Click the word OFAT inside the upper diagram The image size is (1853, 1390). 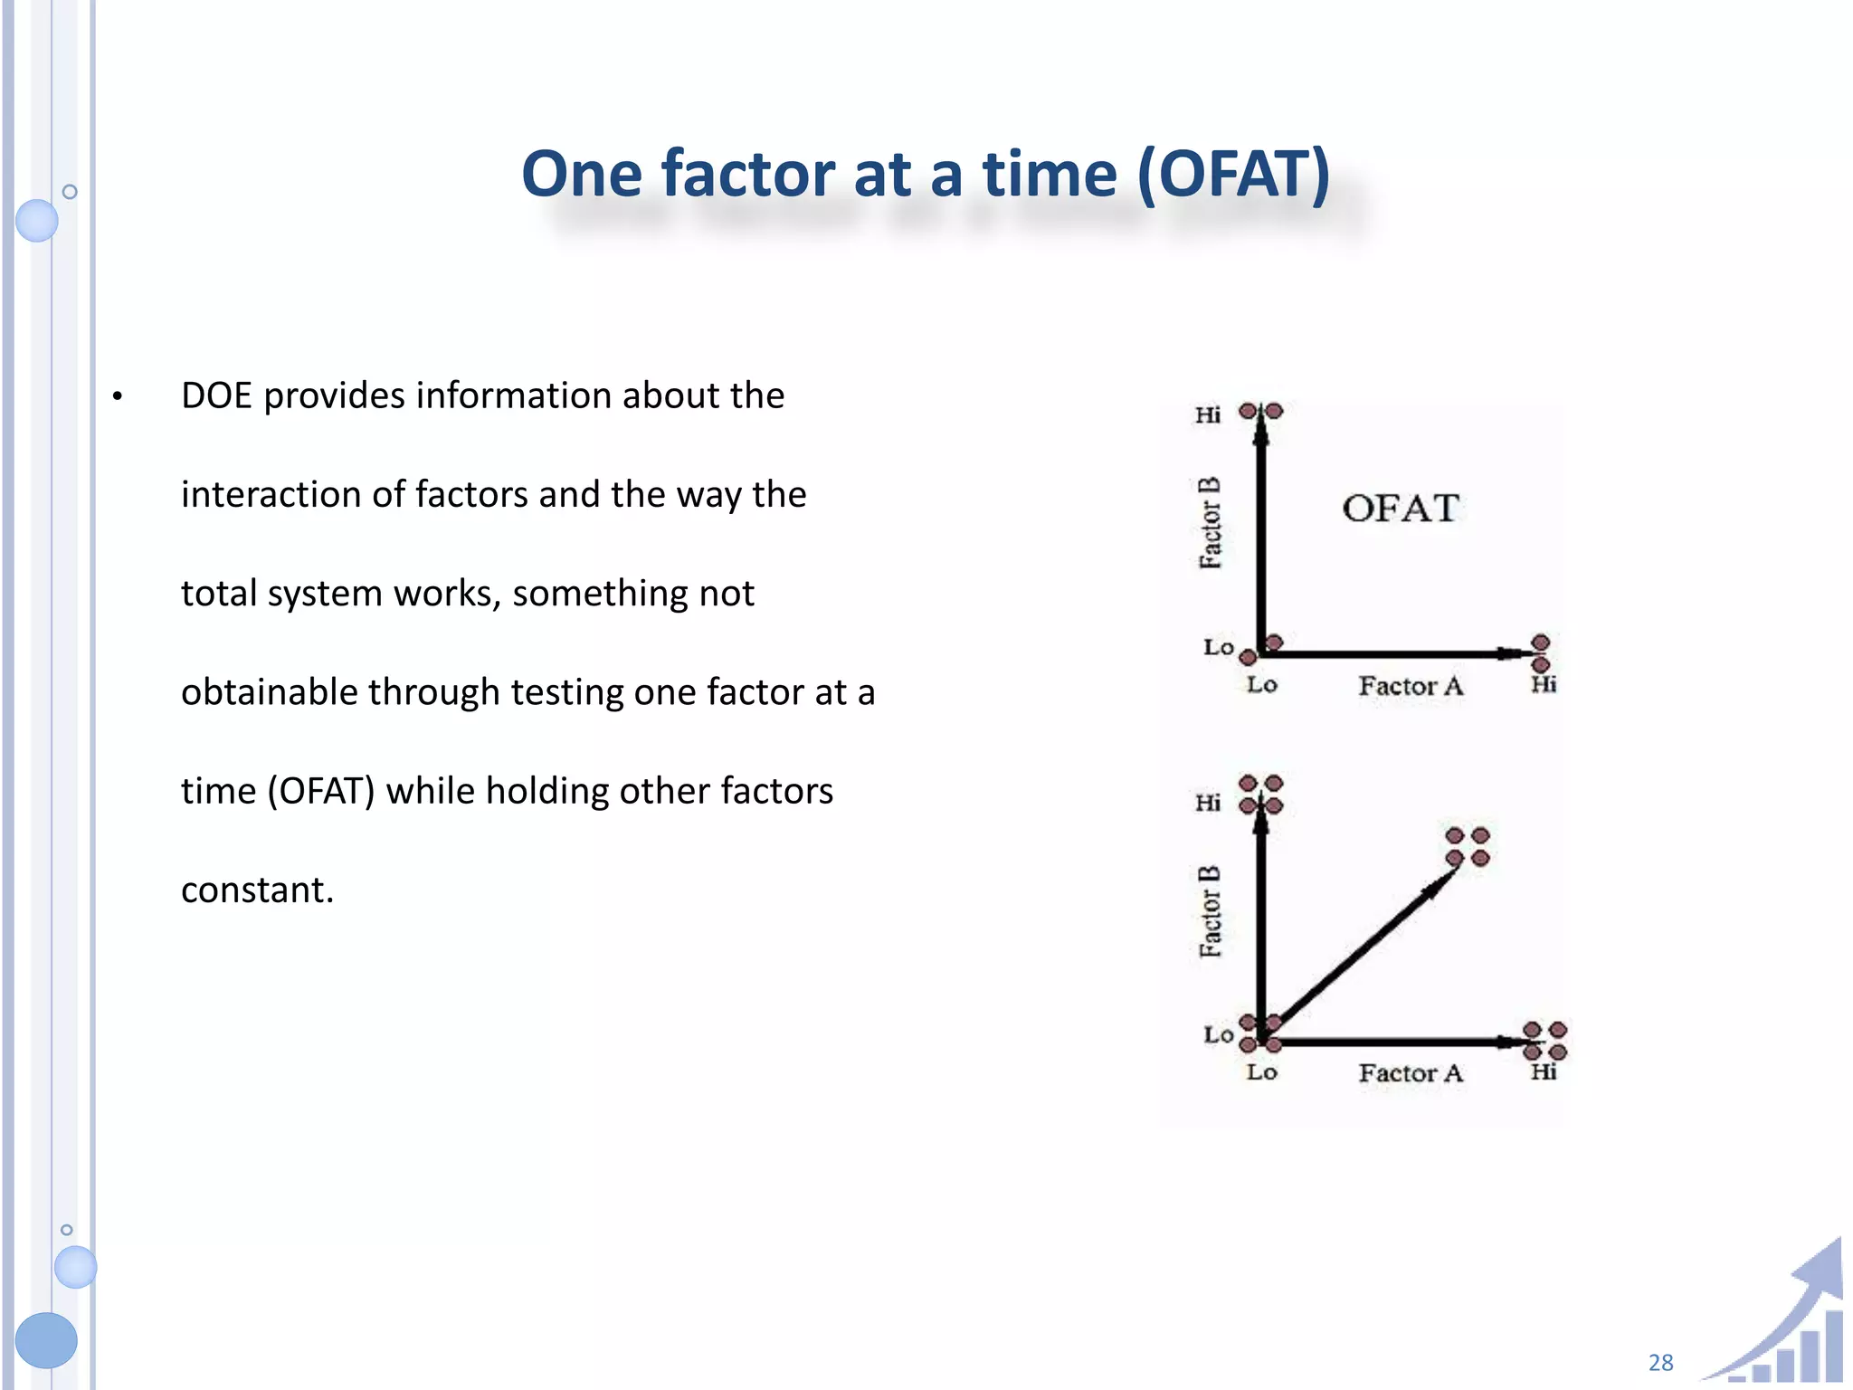(1400, 509)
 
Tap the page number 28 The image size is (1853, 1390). (1660, 1362)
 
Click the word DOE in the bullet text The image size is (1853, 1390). (216, 395)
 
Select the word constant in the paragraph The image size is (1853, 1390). (256, 890)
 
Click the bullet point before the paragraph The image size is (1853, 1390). (117, 396)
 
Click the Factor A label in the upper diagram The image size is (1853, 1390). (1410, 686)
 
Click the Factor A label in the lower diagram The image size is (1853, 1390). (1410, 1073)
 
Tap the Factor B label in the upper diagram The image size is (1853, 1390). (1210, 523)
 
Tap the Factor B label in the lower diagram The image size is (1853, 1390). (1210, 911)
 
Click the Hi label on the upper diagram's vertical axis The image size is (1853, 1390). (1207, 415)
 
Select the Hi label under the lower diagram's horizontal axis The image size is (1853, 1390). (1544, 1072)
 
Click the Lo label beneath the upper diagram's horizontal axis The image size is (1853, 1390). (1261, 685)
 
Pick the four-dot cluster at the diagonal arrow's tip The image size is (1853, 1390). (1467, 846)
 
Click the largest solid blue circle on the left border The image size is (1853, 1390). (46, 1339)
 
